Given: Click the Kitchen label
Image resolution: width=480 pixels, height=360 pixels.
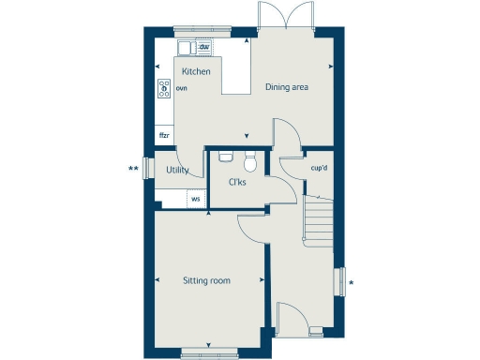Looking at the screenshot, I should [x=196, y=72].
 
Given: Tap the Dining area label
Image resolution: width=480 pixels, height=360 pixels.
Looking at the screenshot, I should [x=287, y=87].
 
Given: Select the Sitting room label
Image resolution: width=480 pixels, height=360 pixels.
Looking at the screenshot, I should [x=207, y=280].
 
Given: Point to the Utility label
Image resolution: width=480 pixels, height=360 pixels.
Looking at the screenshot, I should [x=177, y=171].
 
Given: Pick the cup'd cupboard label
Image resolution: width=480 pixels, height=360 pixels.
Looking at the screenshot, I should [x=319, y=168].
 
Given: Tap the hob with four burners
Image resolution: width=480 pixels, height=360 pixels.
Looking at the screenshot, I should [x=164, y=88].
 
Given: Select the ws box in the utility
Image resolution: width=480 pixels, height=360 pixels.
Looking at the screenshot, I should [x=196, y=199].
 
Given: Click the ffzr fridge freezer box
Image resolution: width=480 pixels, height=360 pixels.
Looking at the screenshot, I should [x=164, y=136].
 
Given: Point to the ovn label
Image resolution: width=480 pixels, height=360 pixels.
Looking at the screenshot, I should [x=181, y=88].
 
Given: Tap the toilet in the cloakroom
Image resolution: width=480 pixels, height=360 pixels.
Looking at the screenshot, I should [x=250, y=157].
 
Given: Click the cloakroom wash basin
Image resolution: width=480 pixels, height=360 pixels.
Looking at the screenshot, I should [x=224, y=156].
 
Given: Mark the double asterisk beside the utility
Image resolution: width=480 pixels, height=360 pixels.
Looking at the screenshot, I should [x=134, y=170].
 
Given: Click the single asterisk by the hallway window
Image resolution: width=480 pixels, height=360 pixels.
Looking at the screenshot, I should [x=350, y=281].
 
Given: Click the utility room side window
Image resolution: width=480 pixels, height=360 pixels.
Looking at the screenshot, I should [x=146, y=170].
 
